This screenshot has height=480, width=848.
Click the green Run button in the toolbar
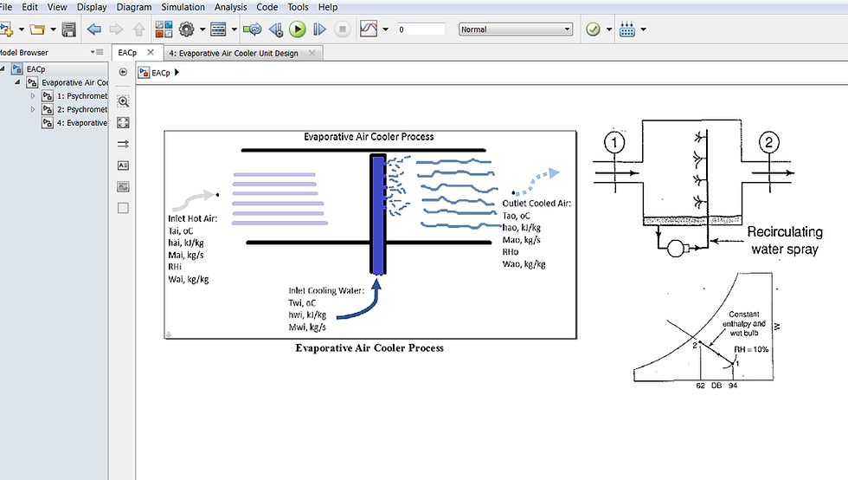(x=297, y=29)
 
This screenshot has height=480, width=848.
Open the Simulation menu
(x=183, y=7)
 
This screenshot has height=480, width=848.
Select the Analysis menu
(x=231, y=7)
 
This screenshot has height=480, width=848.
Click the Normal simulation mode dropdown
(x=516, y=29)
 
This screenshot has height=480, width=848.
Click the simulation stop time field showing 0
(x=421, y=29)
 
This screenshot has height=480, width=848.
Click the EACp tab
(x=127, y=53)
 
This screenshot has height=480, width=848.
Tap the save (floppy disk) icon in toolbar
(x=69, y=29)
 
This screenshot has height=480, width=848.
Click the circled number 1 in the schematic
(x=614, y=143)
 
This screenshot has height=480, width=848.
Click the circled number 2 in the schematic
(x=771, y=143)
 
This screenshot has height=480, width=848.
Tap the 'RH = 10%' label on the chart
(x=751, y=349)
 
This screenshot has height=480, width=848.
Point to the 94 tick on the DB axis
(x=733, y=385)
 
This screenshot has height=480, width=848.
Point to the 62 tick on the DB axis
(x=700, y=385)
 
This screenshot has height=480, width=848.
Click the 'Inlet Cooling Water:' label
(x=327, y=290)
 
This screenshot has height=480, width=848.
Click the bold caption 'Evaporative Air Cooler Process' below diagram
(x=369, y=347)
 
